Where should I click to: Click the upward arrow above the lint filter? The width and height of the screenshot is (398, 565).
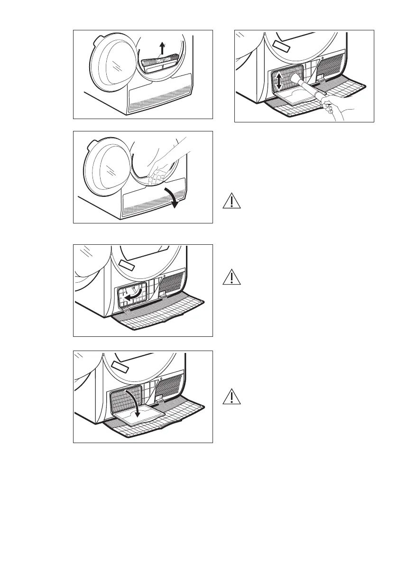tap(162, 48)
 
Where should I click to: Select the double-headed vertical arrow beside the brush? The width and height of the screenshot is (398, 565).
tap(280, 82)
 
